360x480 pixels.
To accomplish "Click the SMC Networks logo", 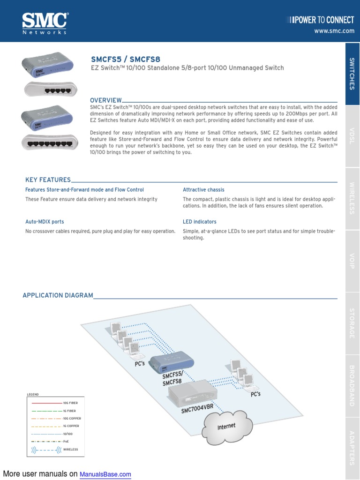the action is tap(45, 23).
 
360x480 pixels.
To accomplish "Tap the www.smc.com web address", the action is tap(334, 31).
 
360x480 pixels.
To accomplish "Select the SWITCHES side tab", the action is tap(352, 74).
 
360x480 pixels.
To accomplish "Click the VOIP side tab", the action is tap(352, 261).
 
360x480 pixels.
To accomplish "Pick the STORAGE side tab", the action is tap(352, 323).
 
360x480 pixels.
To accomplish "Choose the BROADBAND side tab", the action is tap(352, 385).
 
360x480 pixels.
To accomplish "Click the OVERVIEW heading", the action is tap(106, 100).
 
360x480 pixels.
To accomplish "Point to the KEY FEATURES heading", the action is tap(48, 180).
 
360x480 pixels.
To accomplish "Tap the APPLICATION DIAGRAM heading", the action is tap(58, 295).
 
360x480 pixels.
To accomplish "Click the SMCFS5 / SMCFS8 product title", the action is tap(125, 59).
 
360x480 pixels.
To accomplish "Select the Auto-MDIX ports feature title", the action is tap(45, 222).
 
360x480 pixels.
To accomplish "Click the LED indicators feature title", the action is tap(199, 222).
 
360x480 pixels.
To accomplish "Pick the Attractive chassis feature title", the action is tap(203, 190).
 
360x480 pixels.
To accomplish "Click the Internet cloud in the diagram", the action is tap(226, 426).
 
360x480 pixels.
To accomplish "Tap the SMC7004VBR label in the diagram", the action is tap(197, 408).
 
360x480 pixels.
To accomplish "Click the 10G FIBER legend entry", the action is tap(71, 403).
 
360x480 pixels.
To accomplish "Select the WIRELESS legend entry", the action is tap(71, 450).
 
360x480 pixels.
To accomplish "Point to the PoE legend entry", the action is tap(66, 442).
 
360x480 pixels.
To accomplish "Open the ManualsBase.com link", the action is tap(105, 474).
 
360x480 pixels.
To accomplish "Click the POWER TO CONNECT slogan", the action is tap(322, 20).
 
